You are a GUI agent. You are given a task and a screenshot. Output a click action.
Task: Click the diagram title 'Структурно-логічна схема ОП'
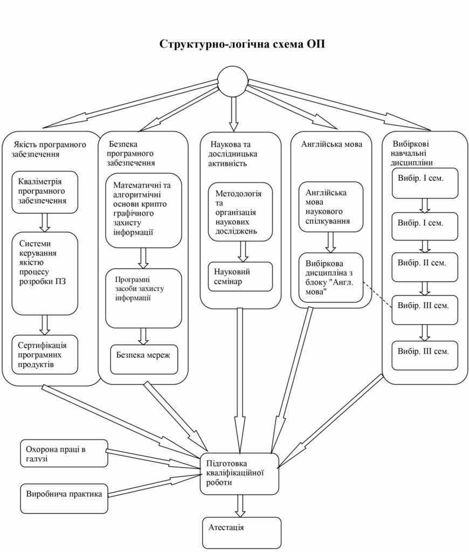click(242, 44)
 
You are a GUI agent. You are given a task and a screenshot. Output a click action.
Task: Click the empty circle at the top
click(236, 82)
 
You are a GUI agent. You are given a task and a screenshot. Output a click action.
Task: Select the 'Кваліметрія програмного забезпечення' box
click(45, 192)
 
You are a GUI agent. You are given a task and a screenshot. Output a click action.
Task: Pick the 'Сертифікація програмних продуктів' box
click(45, 354)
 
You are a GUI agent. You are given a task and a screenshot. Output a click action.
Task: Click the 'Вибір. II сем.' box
click(425, 267)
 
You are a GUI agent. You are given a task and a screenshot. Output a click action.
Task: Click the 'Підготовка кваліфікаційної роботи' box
click(239, 473)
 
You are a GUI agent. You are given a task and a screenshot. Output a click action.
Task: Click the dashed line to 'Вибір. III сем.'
click(377, 294)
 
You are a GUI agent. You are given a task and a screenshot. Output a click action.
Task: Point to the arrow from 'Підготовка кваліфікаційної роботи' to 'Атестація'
click(240, 506)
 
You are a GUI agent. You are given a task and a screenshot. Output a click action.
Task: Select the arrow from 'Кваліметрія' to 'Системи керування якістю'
click(45, 222)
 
